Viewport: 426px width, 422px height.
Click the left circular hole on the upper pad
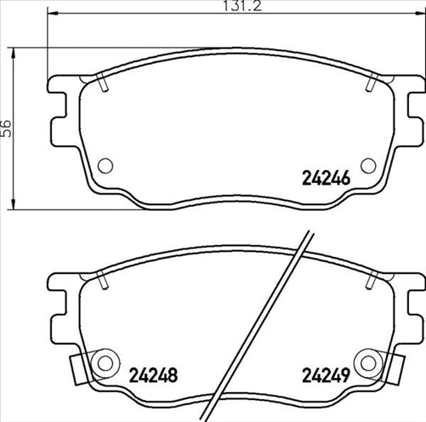pos(105,166)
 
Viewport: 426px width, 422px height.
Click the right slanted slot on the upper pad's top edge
pos(371,84)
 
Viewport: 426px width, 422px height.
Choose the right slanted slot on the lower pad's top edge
pos(371,278)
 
